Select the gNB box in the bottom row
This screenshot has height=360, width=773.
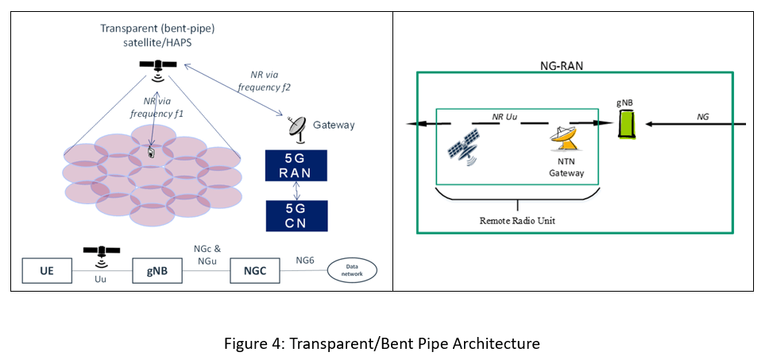click(x=155, y=272)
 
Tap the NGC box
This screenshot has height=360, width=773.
click(x=255, y=272)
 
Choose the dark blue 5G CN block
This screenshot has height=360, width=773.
click(x=296, y=215)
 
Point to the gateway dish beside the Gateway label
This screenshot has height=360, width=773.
click(x=297, y=126)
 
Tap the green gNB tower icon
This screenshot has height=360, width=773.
click(x=628, y=125)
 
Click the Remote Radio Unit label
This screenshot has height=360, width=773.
click(x=516, y=220)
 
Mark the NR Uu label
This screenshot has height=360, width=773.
click(x=507, y=117)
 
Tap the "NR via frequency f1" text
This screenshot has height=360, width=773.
click(x=156, y=107)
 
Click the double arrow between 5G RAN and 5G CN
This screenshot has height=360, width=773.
click(x=296, y=191)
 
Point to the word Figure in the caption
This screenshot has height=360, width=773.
click(x=244, y=343)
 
